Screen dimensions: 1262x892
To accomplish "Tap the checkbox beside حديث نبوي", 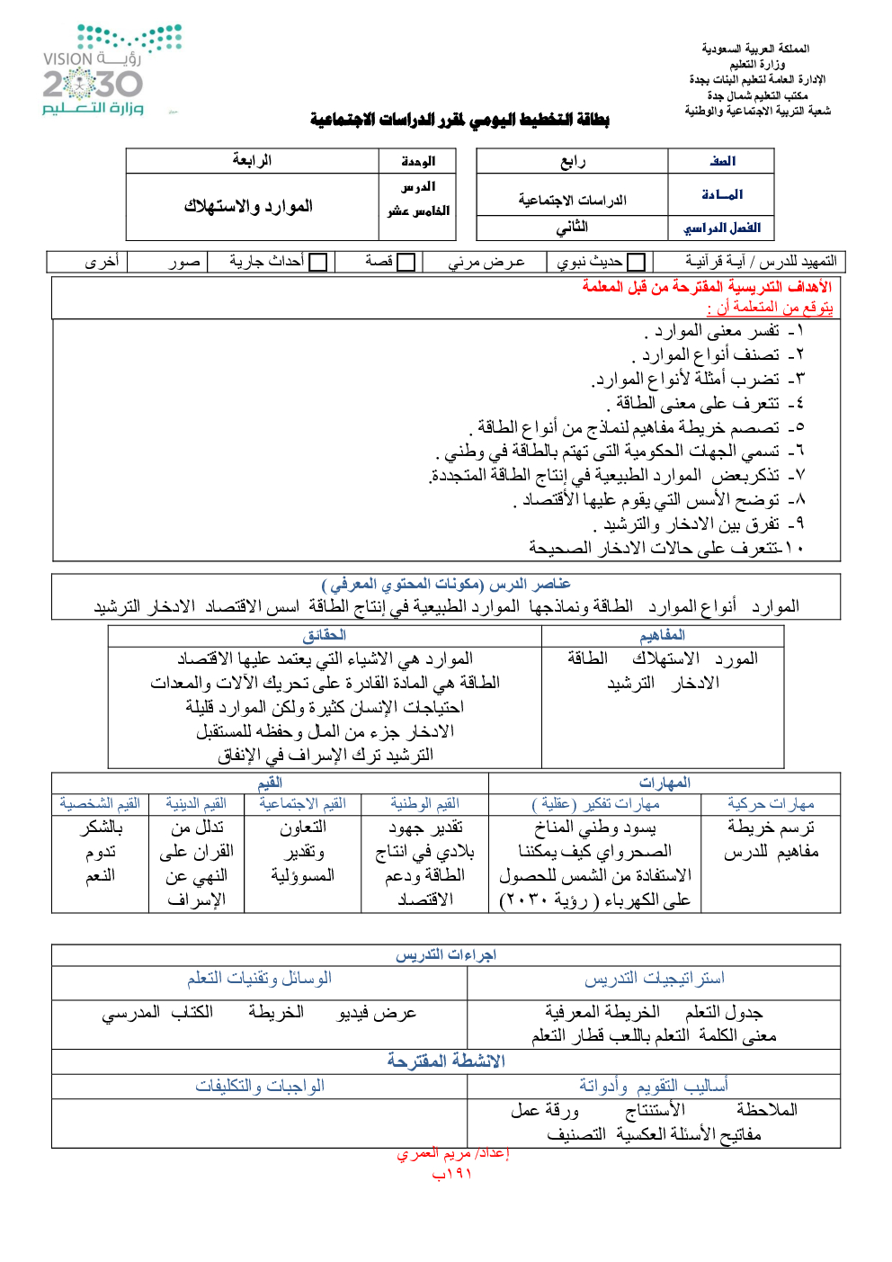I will click(637, 263).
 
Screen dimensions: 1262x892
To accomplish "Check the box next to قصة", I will click(406, 263).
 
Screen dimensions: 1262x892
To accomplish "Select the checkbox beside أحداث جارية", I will click(318, 263).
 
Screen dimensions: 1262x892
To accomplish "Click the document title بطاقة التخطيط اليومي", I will click(459, 120).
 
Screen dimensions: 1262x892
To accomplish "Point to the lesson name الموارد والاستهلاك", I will click(249, 207).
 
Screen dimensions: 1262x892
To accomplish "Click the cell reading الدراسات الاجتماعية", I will click(572, 200).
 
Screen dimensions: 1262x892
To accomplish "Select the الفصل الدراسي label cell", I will click(722, 228).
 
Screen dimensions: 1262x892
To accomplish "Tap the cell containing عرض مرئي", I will click(486, 262).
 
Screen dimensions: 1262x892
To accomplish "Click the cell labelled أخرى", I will click(102, 262).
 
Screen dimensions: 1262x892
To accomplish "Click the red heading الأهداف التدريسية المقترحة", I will click(707, 287).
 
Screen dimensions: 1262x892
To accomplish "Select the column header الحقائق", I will click(325, 636).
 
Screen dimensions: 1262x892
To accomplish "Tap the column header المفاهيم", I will click(663, 636).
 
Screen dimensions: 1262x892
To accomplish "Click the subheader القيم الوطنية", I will click(424, 804).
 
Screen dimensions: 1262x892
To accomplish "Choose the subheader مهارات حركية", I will click(771, 804).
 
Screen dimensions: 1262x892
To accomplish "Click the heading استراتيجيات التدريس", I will click(654, 979).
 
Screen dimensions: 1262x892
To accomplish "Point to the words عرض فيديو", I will click(377, 1014).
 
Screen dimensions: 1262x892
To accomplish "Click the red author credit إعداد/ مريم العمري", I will click(453, 1154).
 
